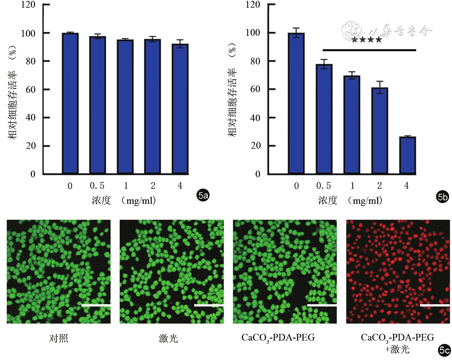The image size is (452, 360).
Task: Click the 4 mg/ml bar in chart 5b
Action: point(407,155)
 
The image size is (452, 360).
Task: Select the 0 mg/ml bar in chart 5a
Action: point(70,104)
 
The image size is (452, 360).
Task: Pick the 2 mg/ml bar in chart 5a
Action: point(152,107)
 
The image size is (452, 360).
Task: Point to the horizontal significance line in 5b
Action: point(369,50)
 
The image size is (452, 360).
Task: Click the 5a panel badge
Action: point(203,195)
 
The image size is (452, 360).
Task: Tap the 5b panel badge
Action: point(442,197)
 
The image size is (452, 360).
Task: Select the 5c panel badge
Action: point(444,350)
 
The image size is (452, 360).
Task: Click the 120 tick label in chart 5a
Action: point(28,5)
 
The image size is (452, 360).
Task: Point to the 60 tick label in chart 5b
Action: point(255,89)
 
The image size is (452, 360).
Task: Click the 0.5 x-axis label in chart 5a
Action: point(97,186)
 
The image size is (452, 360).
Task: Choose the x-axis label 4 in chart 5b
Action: point(406,186)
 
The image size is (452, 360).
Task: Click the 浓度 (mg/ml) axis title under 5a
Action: point(124,200)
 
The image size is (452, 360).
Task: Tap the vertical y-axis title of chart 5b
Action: point(232,89)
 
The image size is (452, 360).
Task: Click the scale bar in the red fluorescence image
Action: point(434,305)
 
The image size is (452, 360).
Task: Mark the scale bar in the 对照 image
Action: point(96,305)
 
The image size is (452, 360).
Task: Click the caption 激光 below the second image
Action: point(168,338)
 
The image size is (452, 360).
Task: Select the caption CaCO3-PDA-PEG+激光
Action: point(397,343)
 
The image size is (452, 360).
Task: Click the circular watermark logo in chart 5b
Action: point(352,31)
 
